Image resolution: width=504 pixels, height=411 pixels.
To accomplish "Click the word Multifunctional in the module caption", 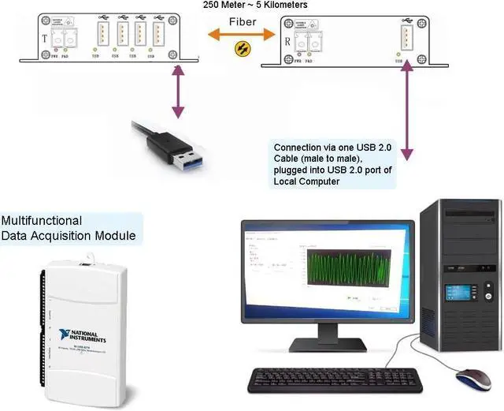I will click(x=41, y=221).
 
